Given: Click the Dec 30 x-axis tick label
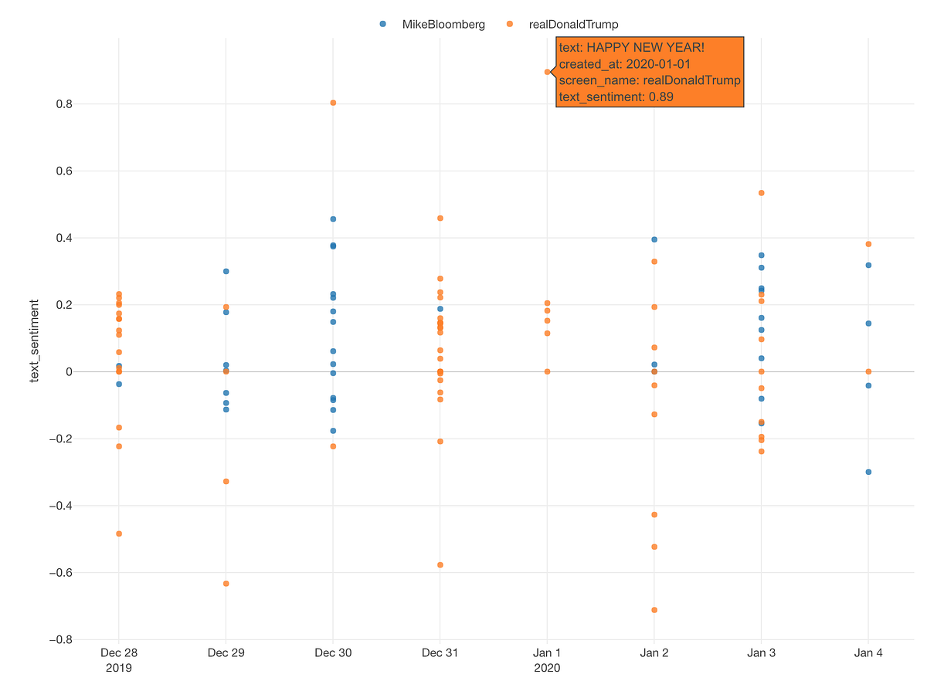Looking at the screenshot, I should (333, 652).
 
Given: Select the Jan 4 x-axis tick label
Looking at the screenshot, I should (868, 652).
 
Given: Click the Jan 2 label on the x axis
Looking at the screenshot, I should (654, 652).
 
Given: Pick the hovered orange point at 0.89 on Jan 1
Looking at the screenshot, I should (547, 72).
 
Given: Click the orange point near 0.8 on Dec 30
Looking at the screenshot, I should (333, 103).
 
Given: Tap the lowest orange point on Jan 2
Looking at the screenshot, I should (654, 610).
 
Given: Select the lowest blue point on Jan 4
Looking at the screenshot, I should (868, 472).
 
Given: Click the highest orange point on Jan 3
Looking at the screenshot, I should (761, 192).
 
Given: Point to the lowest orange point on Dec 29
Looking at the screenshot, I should (226, 583).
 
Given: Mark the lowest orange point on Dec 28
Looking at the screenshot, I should (119, 534).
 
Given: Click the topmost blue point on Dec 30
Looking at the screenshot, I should (333, 219).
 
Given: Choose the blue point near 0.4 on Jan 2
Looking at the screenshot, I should (654, 239).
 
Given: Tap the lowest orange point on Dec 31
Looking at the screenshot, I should (440, 564).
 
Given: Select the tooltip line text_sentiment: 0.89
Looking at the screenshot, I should (616, 97).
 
